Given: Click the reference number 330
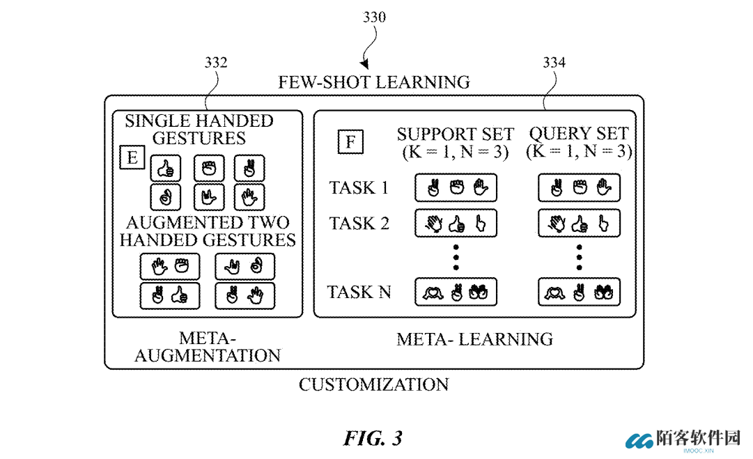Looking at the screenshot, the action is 374,17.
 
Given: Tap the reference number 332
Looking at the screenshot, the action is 216,63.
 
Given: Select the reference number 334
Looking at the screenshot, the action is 554,63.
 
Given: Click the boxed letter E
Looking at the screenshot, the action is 132,157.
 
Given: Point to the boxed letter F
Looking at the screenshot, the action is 350,141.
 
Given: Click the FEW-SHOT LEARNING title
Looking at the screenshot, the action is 374,82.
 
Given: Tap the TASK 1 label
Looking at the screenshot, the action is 359,187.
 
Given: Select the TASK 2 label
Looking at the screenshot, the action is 359,224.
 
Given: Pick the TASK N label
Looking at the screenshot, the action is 359,292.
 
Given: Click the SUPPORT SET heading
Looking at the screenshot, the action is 456,134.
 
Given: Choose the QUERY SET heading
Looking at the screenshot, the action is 579,134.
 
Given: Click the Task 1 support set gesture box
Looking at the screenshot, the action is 456,188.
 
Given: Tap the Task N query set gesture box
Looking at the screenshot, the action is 579,292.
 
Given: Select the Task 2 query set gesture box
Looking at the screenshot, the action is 579,224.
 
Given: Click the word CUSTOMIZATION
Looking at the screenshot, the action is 374,384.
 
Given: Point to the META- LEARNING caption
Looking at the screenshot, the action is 474,339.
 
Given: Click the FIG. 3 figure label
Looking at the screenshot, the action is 373,438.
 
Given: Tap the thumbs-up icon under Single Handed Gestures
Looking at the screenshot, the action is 166,168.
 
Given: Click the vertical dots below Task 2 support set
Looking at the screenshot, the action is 456,258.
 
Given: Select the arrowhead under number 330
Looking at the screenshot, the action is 365,64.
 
